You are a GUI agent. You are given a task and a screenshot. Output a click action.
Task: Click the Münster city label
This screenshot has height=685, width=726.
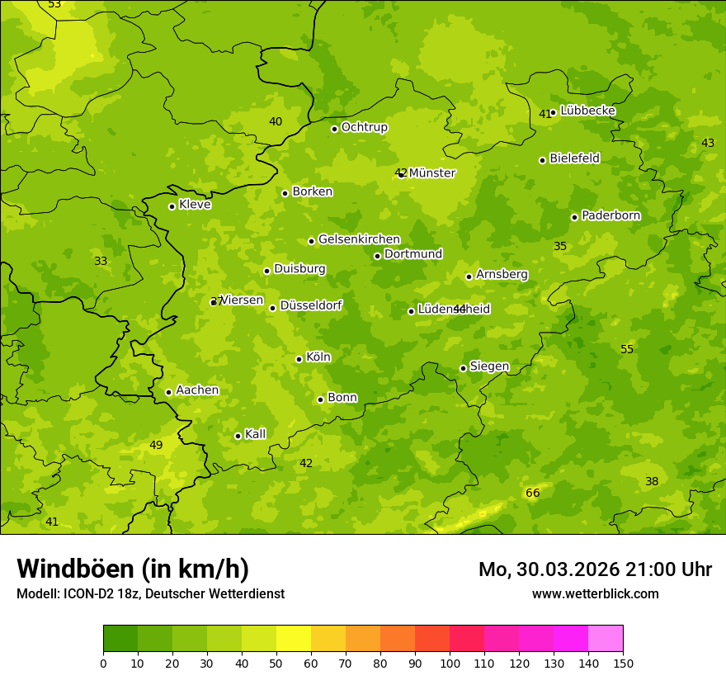click(x=432, y=173)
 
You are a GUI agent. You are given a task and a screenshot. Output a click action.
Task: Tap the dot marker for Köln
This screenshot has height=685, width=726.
click(x=299, y=359)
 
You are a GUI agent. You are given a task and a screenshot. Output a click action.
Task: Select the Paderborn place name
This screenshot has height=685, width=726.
click(x=610, y=215)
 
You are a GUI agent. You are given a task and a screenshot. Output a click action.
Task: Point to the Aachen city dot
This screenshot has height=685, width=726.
click(x=168, y=392)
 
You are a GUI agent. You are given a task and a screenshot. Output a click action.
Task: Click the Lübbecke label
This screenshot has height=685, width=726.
click(x=587, y=111)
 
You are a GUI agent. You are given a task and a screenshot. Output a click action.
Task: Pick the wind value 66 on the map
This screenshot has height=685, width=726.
click(x=532, y=493)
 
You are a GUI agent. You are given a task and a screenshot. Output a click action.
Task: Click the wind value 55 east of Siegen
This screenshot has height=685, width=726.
click(x=627, y=349)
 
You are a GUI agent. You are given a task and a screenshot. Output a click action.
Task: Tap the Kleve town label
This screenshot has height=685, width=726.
click(x=195, y=205)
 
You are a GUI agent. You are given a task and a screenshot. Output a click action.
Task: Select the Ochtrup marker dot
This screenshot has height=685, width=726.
click(x=334, y=129)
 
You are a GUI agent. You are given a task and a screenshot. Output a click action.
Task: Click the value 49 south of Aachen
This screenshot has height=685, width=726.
click(x=156, y=445)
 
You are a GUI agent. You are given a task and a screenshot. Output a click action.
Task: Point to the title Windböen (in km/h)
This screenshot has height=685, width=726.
click(x=133, y=569)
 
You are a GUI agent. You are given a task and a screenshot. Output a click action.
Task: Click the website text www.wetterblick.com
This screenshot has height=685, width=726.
click(x=595, y=593)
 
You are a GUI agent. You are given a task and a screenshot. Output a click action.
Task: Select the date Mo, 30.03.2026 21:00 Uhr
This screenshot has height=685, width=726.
click(x=595, y=569)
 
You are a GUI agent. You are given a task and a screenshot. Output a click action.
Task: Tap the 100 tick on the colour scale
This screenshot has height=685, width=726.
click(x=450, y=663)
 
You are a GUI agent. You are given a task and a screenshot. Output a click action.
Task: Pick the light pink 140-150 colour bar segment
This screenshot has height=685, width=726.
click(x=606, y=639)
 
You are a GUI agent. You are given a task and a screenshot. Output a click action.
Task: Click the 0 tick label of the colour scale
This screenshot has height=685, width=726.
click(x=103, y=663)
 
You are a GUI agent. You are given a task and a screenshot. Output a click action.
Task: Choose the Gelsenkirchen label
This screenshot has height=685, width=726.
click(x=359, y=239)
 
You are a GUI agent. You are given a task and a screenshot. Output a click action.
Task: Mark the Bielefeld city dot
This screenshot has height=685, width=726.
click(x=542, y=160)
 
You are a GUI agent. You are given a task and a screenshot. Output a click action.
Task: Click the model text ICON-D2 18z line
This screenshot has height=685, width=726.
click(x=150, y=593)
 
